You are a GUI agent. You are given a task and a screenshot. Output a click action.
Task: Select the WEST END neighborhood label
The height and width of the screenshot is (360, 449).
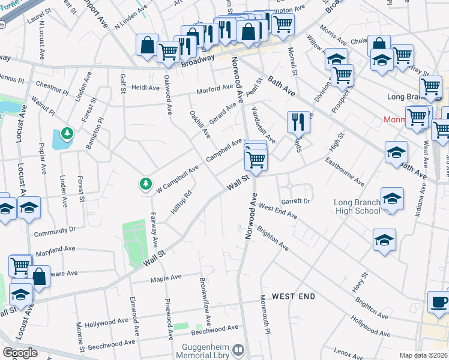pyautogui.click(x=294, y=296)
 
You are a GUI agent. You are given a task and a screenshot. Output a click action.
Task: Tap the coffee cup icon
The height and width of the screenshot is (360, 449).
pyautogui.click(x=438, y=301)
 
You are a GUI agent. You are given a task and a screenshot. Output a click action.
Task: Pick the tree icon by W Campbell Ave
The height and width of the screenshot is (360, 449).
pyautogui.click(x=145, y=184)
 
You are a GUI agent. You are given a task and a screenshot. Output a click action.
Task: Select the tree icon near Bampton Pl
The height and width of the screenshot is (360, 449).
pyautogui.click(x=67, y=133)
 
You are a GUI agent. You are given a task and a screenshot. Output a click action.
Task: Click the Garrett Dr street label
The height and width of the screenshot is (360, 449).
pyautogui.click(x=295, y=201)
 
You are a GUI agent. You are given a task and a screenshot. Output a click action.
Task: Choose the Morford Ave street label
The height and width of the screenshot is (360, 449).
pyautogui.click(x=215, y=88)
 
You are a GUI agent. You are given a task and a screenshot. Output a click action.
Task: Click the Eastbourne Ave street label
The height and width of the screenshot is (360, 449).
pyautogui.click(x=345, y=171)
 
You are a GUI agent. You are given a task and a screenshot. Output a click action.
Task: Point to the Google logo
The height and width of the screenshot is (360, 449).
pyautogui.click(x=20, y=352)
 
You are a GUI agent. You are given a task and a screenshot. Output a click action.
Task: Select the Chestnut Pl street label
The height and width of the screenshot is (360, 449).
pyautogui.click(x=52, y=89)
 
